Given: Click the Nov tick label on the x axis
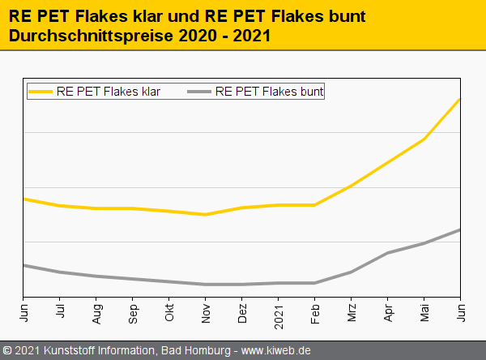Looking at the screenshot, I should tap(206, 312).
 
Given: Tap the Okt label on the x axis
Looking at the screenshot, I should tap(169, 311).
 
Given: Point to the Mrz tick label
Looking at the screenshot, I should tap(352, 311).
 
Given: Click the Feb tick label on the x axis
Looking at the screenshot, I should tap(315, 311).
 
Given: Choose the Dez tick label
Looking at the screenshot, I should tap(242, 312).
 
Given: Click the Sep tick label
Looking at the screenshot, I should tap(133, 312).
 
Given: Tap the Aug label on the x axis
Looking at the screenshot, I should tap(96, 312).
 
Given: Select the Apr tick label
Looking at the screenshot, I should tap(388, 311).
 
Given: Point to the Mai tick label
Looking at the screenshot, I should tap(424, 311).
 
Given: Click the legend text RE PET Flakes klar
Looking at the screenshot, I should tap(109, 92).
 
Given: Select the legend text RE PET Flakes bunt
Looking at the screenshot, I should tap(270, 92).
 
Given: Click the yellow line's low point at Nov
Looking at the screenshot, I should tap(206, 215).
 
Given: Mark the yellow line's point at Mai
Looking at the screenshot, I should tap(424, 139).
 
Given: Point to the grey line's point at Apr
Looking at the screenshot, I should tap(388, 253).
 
